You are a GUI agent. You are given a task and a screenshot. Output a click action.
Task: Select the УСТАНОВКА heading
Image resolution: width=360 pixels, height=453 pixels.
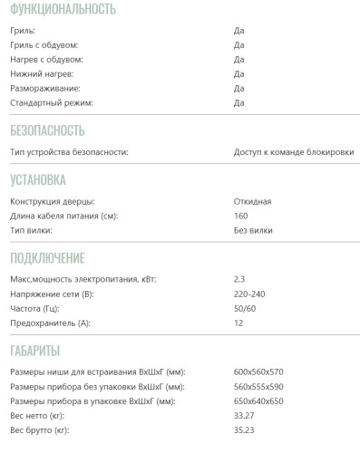coord(38,179)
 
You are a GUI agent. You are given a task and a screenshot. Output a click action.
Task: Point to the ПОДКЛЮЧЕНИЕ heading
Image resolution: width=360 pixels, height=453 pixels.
coord(47,257)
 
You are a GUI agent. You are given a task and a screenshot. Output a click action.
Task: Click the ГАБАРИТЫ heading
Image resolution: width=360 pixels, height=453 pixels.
coord(35,350)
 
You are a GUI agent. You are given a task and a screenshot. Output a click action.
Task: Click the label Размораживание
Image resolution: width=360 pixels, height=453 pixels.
coord(46,88)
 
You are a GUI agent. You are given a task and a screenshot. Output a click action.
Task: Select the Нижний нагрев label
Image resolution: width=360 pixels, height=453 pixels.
coord(42,73)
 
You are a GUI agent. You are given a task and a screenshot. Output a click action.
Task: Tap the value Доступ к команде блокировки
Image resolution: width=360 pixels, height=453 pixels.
coord(294,151)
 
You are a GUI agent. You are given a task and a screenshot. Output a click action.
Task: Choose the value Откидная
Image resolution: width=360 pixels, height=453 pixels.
coord(252,200)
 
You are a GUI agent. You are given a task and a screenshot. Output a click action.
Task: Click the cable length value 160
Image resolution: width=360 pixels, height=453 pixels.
coord(240,215)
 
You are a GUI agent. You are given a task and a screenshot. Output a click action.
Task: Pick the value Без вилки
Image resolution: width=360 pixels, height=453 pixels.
coord(253,229)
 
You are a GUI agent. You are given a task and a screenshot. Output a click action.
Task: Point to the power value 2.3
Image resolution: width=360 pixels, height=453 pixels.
coord(239,279)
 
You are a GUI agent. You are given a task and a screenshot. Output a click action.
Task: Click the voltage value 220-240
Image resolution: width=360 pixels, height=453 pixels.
coord(251,294)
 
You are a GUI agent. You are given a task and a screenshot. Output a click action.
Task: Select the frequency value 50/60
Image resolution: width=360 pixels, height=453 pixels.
coord(246,308)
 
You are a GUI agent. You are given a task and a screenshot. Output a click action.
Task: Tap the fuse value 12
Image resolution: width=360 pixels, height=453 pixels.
coord(238,323)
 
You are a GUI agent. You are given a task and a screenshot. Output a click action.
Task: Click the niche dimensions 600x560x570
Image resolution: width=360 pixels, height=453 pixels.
coord(259,371)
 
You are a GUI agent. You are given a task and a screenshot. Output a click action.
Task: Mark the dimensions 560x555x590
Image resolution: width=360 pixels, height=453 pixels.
coord(259,386)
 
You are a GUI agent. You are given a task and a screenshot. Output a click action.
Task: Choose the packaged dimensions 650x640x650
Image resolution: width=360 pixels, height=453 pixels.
coord(259,400)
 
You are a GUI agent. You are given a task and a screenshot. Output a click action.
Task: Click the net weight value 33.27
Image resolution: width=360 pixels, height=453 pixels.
coord(245,415)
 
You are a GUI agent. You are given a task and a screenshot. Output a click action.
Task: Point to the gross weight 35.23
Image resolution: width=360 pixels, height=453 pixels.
coord(245,429)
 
